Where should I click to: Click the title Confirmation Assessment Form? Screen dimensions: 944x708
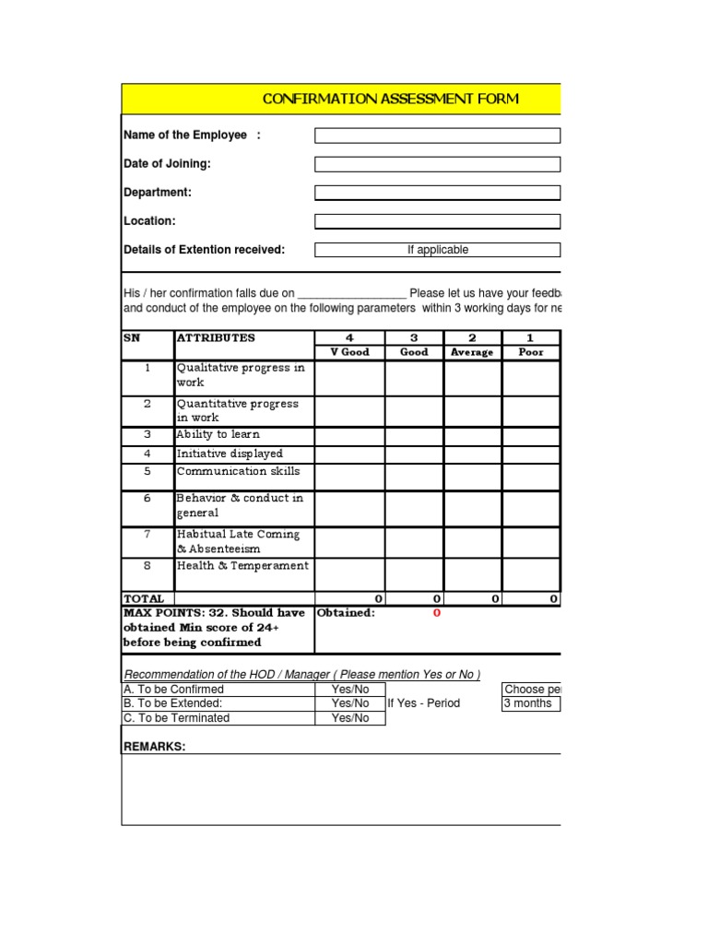click(x=390, y=99)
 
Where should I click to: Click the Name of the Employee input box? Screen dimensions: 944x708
click(x=437, y=136)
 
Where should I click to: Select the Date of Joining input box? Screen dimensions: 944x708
click(x=437, y=164)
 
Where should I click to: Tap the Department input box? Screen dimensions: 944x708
click(x=437, y=193)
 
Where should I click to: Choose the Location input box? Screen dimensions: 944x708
click(x=437, y=221)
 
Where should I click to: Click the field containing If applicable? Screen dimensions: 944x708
click(x=437, y=250)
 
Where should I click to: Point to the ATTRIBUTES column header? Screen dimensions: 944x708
click(x=216, y=338)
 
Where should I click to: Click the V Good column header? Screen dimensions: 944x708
click(x=349, y=352)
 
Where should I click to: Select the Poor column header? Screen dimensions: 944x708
click(x=531, y=352)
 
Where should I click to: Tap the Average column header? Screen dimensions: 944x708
click(x=471, y=352)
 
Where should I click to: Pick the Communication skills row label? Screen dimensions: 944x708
click(x=238, y=471)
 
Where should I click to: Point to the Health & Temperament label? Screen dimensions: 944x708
click(x=242, y=566)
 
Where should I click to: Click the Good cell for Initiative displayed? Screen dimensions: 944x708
click(x=414, y=454)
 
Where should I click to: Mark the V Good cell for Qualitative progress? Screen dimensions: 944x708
click(x=349, y=376)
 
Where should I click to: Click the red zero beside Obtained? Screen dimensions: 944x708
click(x=437, y=613)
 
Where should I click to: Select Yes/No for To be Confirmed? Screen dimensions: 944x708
click(x=349, y=690)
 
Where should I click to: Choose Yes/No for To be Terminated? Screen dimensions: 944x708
click(x=349, y=718)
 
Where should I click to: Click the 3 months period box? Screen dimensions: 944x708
click(x=529, y=703)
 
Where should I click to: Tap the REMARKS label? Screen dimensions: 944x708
click(x=154, y=747)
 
